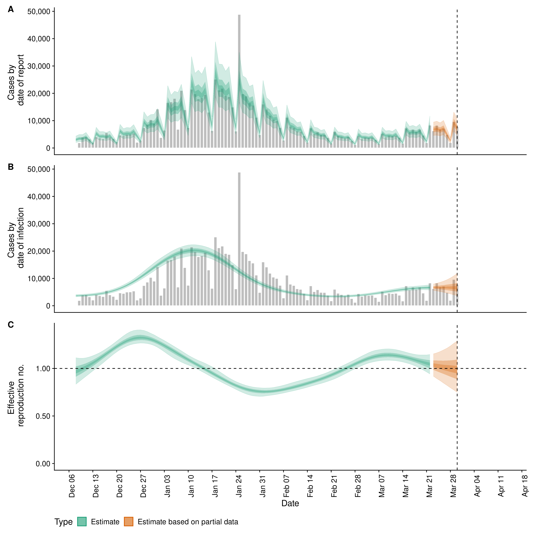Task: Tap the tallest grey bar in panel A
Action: (x=239, y=83)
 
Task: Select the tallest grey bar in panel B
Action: (x=239, y=240)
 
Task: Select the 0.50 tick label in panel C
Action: (x=43, y=416)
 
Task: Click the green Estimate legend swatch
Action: (x=82, y=522)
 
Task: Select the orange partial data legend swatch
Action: (x=128, y=522)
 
